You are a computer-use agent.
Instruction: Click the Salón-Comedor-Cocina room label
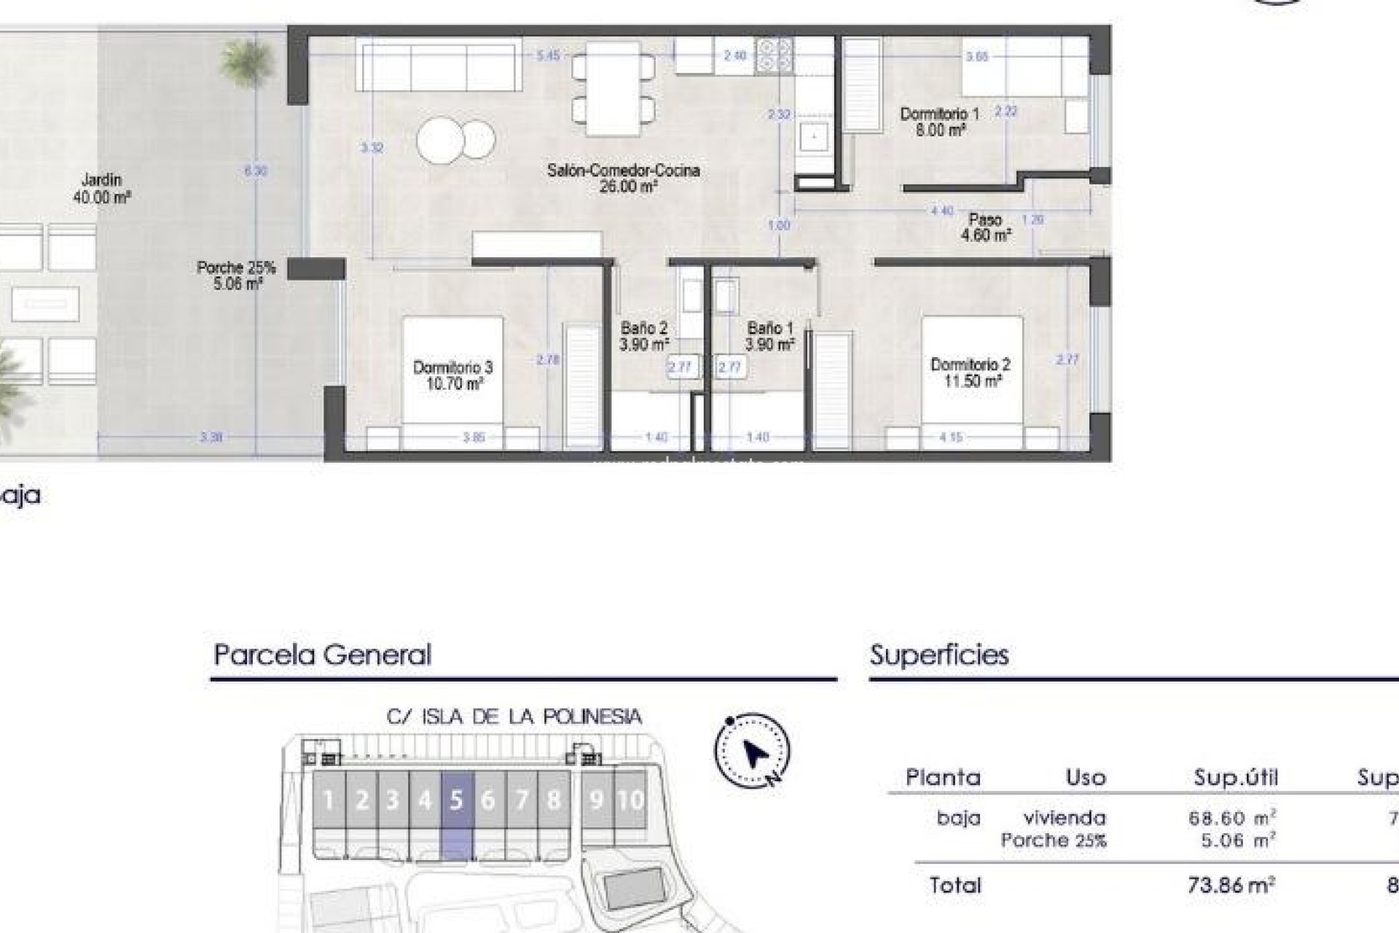[x=623, y=178]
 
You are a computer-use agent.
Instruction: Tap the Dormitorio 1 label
[x=939, y=122]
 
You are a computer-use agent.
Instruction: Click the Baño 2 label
[x=643, y=336]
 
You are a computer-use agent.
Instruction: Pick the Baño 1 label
[x=769, y=336]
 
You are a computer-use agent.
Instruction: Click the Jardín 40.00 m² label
[x=101, y=187]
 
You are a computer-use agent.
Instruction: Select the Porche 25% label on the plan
[x=236, y=276]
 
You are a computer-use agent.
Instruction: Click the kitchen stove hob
[x=774, y=55]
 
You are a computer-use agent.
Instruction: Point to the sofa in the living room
[x=439, y=65]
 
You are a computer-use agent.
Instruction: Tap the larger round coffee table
[x=441, y=140]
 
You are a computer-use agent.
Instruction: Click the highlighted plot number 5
[x=457, y=800]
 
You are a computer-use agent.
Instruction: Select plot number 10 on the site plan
[x=630, y=800]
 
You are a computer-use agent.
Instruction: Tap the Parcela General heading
[x=322, y=655]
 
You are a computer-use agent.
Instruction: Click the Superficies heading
[x=939, y=655]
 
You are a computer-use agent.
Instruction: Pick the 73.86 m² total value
[x=1231, y=885]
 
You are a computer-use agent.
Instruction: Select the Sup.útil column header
[x=1236, y=777]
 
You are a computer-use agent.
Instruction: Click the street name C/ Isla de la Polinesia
[x=514, y=717]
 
